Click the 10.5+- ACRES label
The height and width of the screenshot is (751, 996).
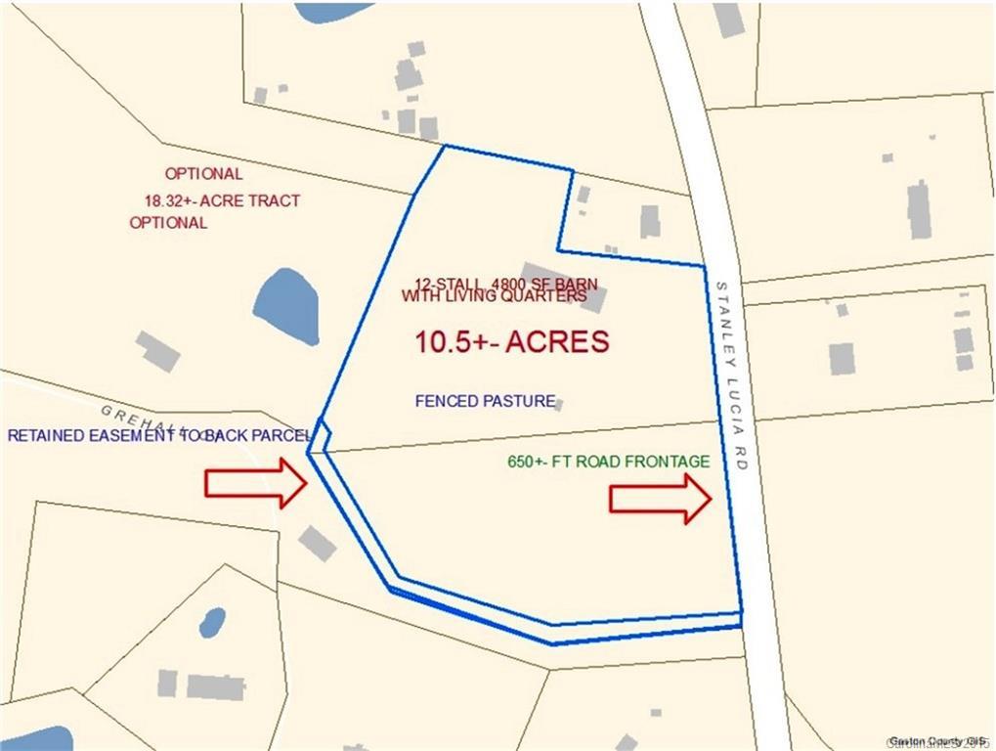coord(512,342)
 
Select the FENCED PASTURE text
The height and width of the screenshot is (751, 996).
coord(486,401)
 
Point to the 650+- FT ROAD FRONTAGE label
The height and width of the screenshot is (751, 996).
coord(609,462)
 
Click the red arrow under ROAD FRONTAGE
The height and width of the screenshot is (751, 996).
coord(660,499)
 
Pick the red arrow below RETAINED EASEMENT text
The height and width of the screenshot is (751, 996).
coord(256,483)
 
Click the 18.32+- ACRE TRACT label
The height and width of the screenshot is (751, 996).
coord(222,200)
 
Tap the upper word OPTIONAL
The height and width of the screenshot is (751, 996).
coord(203,174)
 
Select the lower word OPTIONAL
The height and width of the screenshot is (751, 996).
coord(168,222)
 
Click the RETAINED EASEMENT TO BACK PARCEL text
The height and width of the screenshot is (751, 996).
coord(158,435)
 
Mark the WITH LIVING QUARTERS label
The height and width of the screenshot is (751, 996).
coord(494,295)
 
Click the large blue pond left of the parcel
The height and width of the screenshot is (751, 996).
coord(286,306)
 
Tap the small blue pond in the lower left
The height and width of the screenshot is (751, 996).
coord(212,623)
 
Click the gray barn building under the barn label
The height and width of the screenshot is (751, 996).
coord(565,286)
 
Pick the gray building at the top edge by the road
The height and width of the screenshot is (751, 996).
coord(729,20)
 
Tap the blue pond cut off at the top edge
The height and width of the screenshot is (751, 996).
coord(333,11)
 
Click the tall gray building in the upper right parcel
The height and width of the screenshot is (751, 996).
coord(919,209)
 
